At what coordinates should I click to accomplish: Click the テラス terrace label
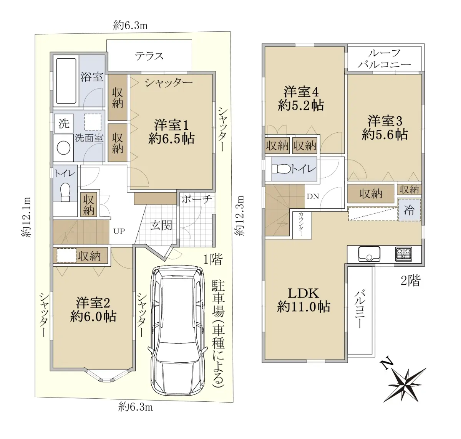point(149,56)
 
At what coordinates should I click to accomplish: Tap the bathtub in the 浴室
point(66,81)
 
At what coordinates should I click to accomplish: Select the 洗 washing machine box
point(64,123)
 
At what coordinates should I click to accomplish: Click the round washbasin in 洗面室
point(63,148)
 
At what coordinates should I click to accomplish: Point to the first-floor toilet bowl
point(65,192)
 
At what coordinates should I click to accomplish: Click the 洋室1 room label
point(171,132)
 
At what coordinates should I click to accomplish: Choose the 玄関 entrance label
point(161,225)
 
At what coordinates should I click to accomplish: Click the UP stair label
point(119,231)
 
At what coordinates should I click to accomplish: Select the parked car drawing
point(177,330)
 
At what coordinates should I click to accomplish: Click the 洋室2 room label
point(93,309)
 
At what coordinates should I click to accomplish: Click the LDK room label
point(303,300)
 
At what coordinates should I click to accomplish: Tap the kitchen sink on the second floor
point(369,254)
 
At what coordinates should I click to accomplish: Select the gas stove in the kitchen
point(403,254)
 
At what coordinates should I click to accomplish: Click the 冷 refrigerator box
point(409,210)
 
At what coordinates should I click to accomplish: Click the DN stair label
point(313,196)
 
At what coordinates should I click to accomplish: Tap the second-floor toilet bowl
point(281,169)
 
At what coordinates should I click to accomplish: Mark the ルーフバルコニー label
point(384,59)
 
